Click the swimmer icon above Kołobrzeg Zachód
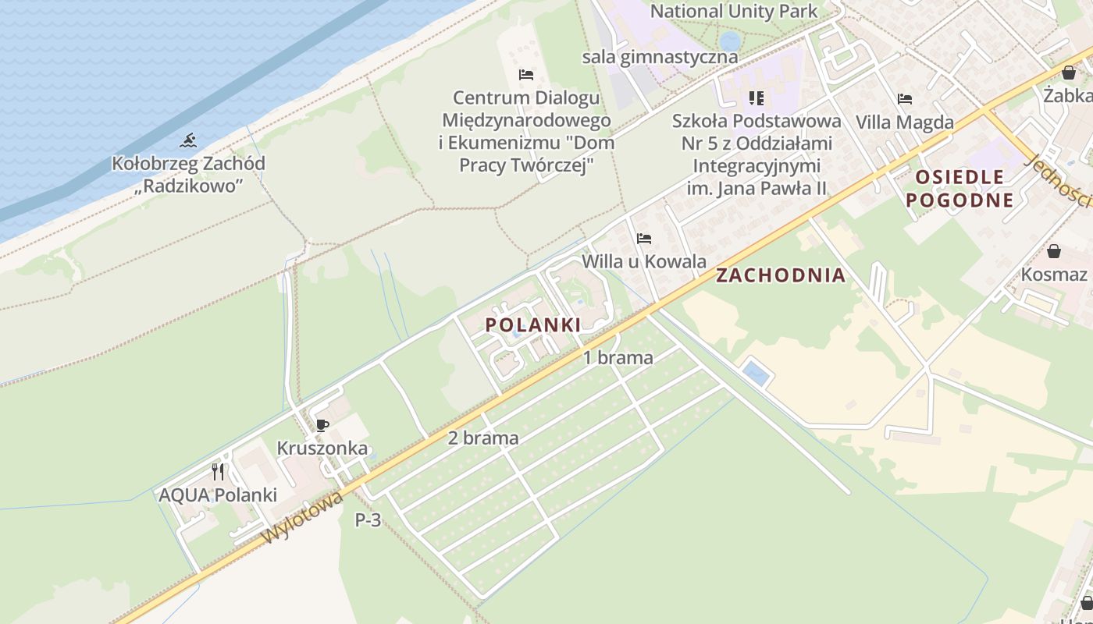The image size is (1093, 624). [x=187, y=141]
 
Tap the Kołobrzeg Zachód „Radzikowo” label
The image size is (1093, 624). [x=188, y=175]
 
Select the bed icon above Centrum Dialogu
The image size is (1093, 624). [x=526, y=75]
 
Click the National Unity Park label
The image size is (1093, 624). [x=734, y=11]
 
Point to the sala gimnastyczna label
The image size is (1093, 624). [x=660, y=57]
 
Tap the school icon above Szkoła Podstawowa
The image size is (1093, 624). [x=756, y=98]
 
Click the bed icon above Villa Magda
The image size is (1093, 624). [x=905, y=99]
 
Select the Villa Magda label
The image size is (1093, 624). [x=905, y=122]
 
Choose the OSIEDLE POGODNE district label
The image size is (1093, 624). [x=959, y=188]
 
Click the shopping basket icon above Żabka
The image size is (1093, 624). [x=1069, y=73]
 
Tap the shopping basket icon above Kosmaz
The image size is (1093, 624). [x=1054, y=251]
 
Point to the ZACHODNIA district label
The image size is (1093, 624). [x=781, y=275]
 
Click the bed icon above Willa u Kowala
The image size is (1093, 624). [x=644, y=238]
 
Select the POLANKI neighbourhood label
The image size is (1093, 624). [x=533, y=325]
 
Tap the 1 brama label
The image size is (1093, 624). [x=618, y=358]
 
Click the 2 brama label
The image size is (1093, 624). [x=483, y=438]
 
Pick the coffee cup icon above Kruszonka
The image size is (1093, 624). [x=322, y=425]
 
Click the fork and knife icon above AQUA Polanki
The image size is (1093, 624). [x=218, y=471]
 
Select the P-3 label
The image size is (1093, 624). [x=368, y=519]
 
